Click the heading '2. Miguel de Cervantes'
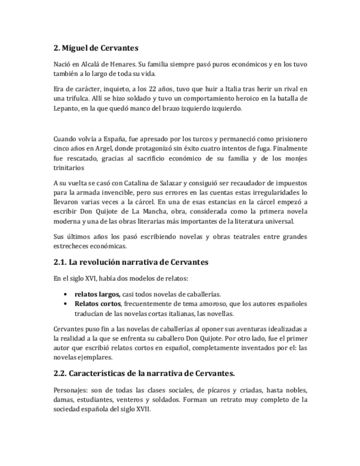(x=96, y=48)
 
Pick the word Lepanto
(x=67, y=108)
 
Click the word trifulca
(x=81, y=98)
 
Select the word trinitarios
(x=71, y=168)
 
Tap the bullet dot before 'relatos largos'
(x=67, y=294)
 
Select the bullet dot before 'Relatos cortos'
(x=67, y=304)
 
